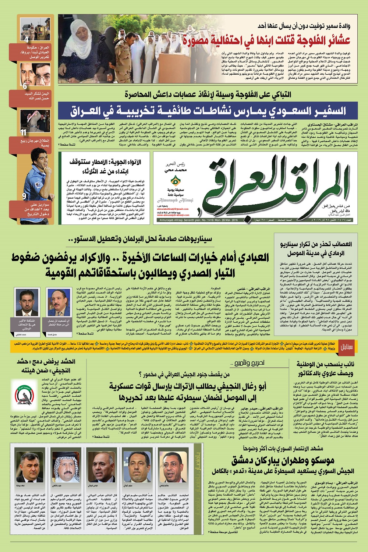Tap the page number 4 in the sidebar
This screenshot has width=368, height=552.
pos(26,39)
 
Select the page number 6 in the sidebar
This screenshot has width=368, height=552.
pos(25,86)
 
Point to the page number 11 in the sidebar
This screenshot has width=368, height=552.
pos(24,132)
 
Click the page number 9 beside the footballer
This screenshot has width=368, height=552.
pos(24,196)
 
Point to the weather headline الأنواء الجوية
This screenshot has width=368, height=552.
pos(105,166)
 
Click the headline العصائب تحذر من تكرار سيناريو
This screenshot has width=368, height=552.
pos(316,248)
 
